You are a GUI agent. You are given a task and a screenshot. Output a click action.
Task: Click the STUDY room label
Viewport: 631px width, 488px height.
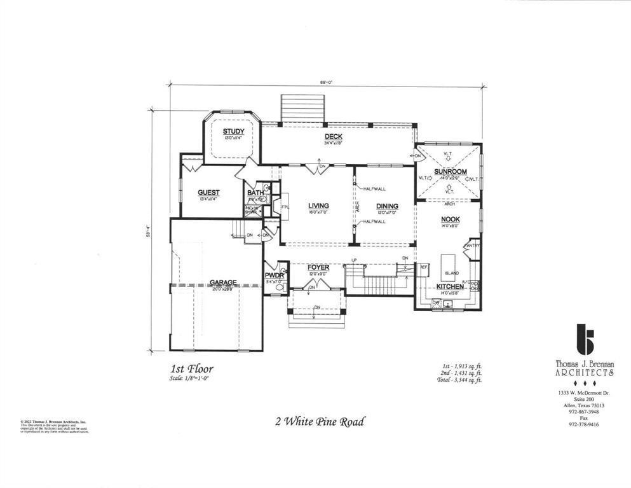[x=233, y=132]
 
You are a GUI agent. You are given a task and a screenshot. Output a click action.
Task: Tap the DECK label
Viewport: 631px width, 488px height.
[x=334, y=137]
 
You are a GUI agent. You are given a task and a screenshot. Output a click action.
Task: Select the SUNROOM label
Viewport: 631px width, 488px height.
[x=451, y=172]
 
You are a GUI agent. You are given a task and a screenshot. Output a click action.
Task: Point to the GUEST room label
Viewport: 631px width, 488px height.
[x=208, y=193]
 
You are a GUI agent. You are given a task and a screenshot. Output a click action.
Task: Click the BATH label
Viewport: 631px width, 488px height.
[x=255, y=193]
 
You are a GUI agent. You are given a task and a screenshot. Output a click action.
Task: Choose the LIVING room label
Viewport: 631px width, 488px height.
[x=318, y=206]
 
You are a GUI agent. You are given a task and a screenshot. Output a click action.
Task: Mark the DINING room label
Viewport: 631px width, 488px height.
[x=387, y=206]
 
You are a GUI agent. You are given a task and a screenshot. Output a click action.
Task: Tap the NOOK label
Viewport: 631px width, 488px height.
[x=451, y=220]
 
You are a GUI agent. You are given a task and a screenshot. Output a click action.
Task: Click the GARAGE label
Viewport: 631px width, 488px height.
[x=223, y=282]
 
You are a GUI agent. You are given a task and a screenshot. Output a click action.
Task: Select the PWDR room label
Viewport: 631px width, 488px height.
[x=273, y=275]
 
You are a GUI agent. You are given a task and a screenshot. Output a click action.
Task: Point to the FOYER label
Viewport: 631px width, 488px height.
[x=318, y=267]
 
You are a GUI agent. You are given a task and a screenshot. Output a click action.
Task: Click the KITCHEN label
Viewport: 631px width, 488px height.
[x=450, y=287]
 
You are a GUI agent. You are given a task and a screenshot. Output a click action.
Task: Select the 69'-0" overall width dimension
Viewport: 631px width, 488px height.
[x=326, y=82]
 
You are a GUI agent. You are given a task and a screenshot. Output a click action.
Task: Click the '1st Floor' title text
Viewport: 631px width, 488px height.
[x=191, y=369]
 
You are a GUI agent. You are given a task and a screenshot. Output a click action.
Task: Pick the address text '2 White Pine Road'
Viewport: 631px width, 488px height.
[x=320, y=421]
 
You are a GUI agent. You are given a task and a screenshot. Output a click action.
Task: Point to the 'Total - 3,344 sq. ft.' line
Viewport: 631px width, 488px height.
[x=456, y=380]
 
